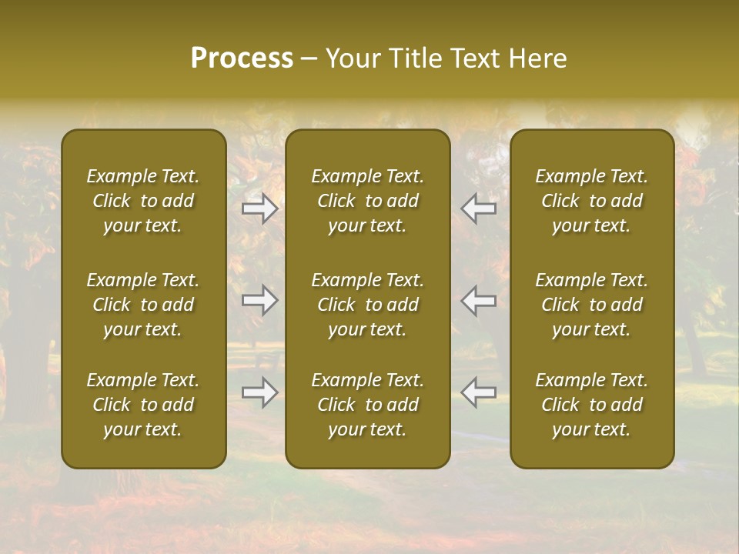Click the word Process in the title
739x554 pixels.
tap(242, 58)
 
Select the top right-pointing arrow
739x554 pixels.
tap(260, 208)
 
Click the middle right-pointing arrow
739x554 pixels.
tap(260, 300)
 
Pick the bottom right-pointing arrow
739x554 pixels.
tap(260, 392)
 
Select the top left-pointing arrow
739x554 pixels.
tap(478, 208)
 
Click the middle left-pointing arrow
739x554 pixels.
tap(478, 300)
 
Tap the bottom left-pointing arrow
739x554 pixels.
tap(478, 392)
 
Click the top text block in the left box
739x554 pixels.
tap(143, 201)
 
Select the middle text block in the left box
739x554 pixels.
tap(143, 305)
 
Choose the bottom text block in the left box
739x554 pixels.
tap(143, 405)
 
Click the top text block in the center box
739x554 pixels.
tap(368, 201)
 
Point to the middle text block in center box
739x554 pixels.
tap(368, 305)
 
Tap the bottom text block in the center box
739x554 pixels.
tap(368, 405)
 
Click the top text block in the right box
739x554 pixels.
tap(592, 201)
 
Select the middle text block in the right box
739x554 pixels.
tap(592, 305)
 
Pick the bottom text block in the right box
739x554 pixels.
tap(592, 405)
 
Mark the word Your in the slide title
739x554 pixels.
tap(350, 58)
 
